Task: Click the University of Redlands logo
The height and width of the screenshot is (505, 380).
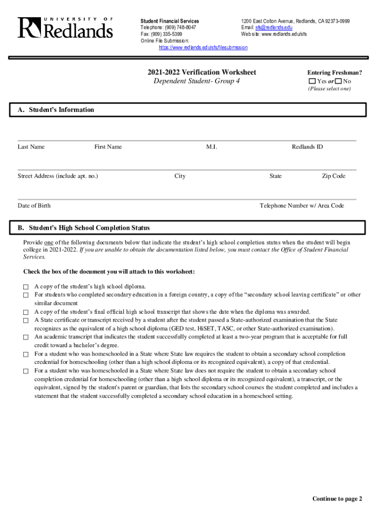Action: [65, 28]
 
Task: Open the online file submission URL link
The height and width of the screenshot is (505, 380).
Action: [203, 47]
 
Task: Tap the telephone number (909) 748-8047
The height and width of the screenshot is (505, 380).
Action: [179, 28]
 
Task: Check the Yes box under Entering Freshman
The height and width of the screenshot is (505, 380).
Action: [312, 81]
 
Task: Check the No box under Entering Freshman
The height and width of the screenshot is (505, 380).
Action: [338, 81]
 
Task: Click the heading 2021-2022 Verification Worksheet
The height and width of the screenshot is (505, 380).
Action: [201, 72]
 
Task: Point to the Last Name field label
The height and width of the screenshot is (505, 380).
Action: [31, 146]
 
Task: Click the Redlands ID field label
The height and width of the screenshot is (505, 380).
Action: [307, 146]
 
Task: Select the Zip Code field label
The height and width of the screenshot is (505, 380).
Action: [334, 176]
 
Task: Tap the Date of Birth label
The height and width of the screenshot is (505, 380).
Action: [34, 206]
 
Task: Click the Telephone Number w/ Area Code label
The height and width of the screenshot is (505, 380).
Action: [302, 206]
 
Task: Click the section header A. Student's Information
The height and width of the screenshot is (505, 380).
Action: [56, 110]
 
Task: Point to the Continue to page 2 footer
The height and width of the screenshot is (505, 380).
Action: [337, 499]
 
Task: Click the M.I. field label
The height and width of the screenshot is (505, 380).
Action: [212, 146]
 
